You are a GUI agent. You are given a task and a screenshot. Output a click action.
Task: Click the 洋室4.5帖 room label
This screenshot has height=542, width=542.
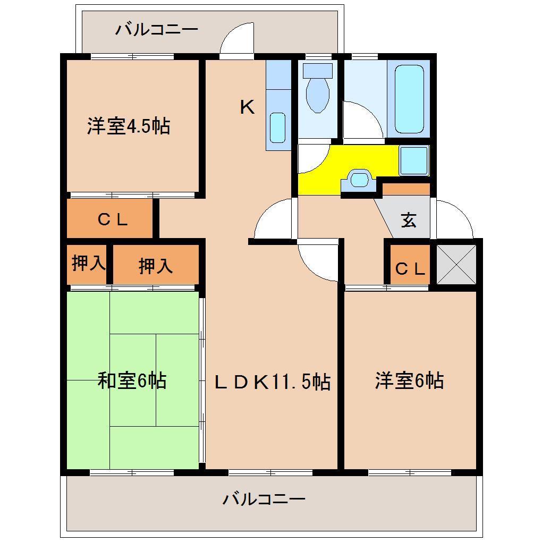(x=129, y=126)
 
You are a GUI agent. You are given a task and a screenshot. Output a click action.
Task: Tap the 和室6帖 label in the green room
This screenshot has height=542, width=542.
(x=131, y=380)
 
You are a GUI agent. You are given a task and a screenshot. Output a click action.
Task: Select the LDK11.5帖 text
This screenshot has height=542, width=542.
(x=272, y=382)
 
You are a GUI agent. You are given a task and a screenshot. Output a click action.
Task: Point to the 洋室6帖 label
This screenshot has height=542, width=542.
(x=409, y=380)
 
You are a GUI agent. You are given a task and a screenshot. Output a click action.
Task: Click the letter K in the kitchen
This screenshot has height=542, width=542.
(x=247, y=108)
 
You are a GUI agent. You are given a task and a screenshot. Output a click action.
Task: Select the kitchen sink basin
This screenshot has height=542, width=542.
(x=277, y=127)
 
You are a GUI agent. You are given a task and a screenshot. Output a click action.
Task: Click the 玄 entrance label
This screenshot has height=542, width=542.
(x=408, y=219)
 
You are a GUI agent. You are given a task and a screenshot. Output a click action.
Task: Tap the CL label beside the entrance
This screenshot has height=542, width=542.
(x=410, y=269)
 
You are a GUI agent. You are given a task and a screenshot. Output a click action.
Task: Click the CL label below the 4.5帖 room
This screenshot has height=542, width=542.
(x=113, y=219)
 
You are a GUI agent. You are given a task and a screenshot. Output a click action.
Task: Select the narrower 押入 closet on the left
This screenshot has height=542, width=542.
(x=88, y=264)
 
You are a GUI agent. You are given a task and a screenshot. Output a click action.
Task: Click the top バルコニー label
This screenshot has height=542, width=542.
(x=157, y=29)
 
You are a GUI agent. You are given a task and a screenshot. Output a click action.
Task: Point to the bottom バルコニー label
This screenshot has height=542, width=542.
(x=264, y=499)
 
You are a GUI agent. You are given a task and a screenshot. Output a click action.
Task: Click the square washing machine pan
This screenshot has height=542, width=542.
(x=414, y=160)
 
